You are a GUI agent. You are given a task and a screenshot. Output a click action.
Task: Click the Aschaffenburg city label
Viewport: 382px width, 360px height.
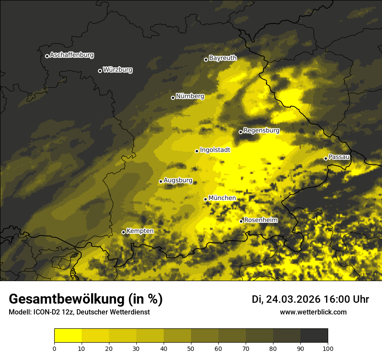(72, 55)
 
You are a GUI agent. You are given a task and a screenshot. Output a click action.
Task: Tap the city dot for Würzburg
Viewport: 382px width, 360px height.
(100, 71)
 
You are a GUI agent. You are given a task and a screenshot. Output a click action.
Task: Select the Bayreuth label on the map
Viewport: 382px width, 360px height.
(223, 58)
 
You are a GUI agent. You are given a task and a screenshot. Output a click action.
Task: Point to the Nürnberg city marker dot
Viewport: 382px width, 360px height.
(173, 98)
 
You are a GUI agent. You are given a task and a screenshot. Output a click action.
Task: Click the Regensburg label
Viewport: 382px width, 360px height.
(261, 131)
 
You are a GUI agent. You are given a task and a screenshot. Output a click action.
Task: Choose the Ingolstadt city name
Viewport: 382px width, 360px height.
(215, 150)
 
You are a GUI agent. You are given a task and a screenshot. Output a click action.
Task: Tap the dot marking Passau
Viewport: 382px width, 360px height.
(326, 158)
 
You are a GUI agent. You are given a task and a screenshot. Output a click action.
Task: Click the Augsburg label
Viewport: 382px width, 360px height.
(178, 180)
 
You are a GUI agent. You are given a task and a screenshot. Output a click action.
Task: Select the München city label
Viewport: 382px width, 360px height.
(222, 198)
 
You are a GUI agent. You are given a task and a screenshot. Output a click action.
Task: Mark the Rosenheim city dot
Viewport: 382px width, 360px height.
(241, 221)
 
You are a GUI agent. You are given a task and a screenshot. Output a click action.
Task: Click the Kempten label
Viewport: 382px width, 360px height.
(140, 231)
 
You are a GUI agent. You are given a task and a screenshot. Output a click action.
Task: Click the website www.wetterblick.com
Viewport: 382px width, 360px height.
(313, 312)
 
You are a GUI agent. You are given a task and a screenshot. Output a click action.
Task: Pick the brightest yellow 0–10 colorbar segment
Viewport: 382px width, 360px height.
(68, 336)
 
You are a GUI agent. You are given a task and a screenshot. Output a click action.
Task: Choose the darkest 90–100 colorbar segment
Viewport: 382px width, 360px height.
(314, 336)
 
